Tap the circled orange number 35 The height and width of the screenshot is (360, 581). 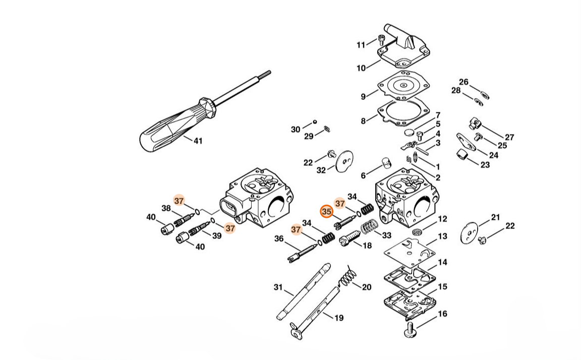coord(327,212)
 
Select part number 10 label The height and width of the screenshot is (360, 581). coord(361,68)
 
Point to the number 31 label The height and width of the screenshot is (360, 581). coord(278,287)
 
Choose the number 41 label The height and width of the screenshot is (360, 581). coord(198,141)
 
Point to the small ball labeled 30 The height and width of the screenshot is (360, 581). coord(315,122)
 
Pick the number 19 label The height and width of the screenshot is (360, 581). coord(339,318)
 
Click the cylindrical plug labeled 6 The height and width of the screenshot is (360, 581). coord(387,164)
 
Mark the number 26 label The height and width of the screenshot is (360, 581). coord(463,82)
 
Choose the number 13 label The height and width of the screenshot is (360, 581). coord(442,236)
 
